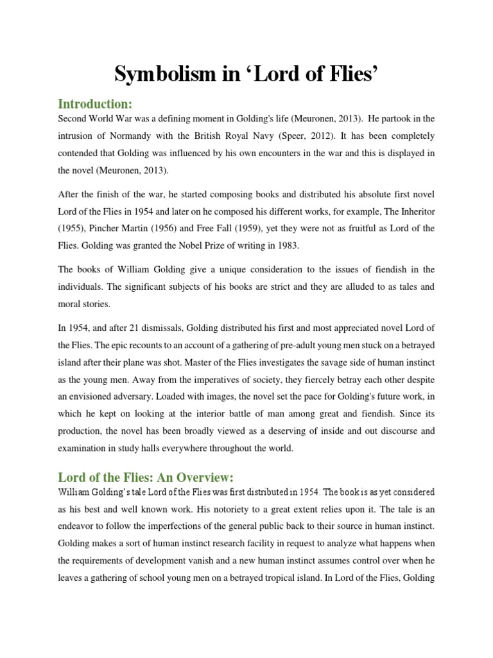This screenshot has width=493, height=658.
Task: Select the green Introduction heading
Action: coord(95,104)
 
